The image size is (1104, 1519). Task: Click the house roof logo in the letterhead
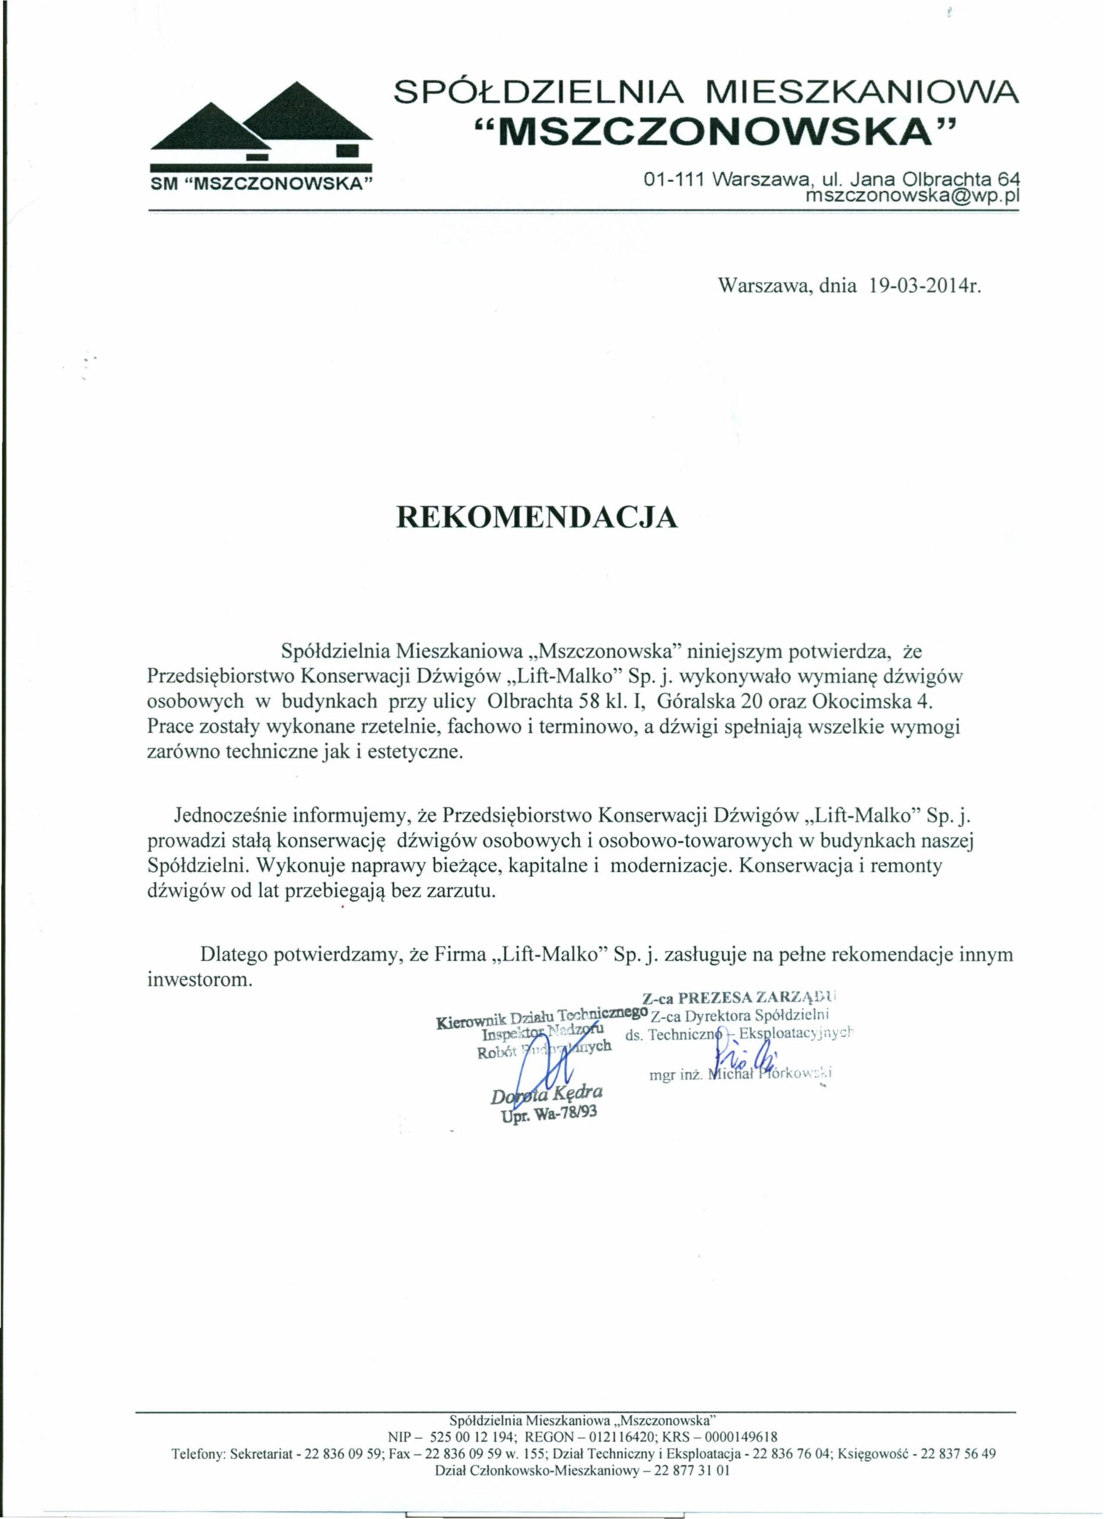261,124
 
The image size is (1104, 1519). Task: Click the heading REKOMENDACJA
537,518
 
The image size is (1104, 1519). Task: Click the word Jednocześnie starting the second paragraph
231,816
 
